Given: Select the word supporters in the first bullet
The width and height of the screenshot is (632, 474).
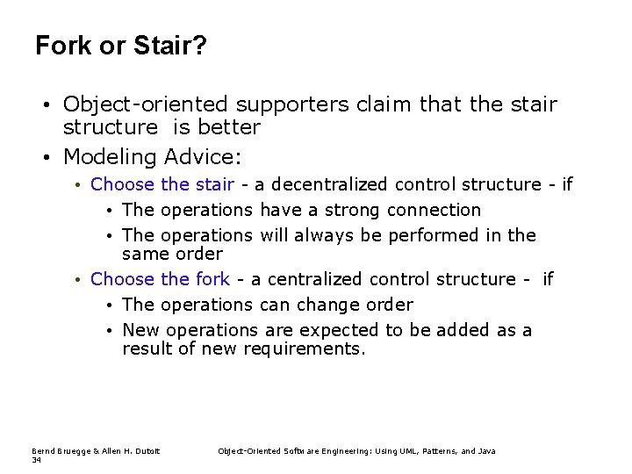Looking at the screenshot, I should click(x=296, y=105).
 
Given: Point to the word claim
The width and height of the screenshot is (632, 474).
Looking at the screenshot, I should click(x=384, y=105).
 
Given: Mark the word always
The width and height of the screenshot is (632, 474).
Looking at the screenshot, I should click(x=327, y=236).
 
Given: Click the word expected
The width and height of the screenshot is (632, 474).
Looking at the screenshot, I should click(x=332, y=331).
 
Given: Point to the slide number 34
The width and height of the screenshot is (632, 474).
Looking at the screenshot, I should click(x=36, y=459).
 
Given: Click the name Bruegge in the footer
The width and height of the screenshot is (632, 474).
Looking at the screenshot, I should click(x=70, y=451).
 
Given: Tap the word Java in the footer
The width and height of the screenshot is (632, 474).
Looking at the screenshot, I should click(x=486, y=451).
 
